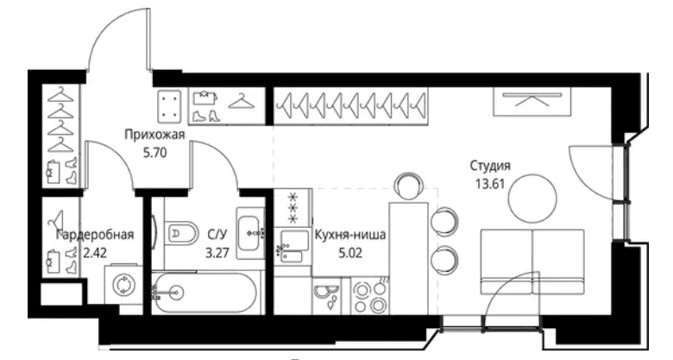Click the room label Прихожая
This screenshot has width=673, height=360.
tap(154, 136)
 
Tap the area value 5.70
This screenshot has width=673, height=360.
tap(154, 153)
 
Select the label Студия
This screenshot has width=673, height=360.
tap(490, 166)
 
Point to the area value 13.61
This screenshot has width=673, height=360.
tap(490, 184)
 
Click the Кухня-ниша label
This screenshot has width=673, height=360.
tap(350, 235)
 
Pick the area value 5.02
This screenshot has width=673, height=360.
tap(350, 253)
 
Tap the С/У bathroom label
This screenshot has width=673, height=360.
tap(217, 235)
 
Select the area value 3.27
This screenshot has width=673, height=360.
tap(217, 253)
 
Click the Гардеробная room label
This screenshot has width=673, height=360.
tap(95, 235)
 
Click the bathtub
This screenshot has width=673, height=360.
tap(206, 293)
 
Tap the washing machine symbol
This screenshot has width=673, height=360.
tap(123, 284)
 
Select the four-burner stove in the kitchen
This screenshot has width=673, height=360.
tap(369, 296)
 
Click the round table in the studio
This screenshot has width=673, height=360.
tap(532, 198)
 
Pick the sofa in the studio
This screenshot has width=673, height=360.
tap(532, 262)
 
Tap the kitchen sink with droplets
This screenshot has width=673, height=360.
tap(327, 296)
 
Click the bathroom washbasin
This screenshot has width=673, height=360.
tap(250, 233)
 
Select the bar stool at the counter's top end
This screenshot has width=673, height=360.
tap(409, 186)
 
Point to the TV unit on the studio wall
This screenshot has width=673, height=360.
tap(532, 101)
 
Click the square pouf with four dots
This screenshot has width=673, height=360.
tap(170, 105)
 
